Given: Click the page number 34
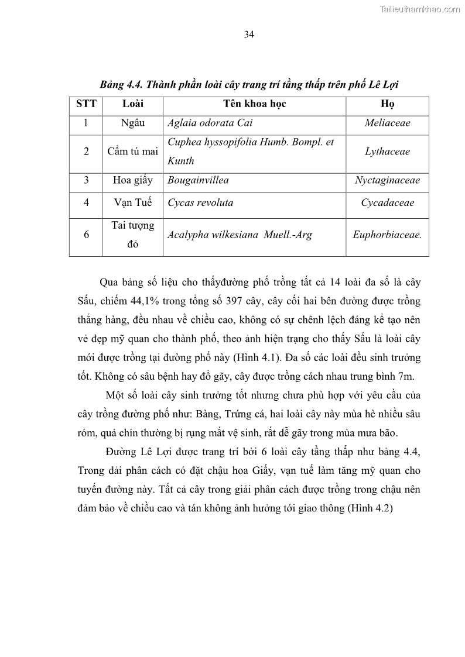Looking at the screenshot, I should click(248, 35).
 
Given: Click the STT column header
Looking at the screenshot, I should click(86, 105).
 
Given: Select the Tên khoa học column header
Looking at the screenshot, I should click(254, 105).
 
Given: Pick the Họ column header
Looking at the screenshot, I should click(387, 105).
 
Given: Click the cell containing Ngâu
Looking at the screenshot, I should click(132, 123).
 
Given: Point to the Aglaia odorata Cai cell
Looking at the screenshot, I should click(210, 123).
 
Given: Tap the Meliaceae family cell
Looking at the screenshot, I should click(387, 123).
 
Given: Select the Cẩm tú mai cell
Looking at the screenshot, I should click(132, 152).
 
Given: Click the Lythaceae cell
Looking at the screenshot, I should click(387, 152).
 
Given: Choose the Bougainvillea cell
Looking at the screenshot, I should click(198, 180).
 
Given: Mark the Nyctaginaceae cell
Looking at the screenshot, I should click(387, 180).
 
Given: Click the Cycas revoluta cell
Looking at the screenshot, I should click(200, 203).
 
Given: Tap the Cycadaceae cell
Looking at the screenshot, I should click(387, 203).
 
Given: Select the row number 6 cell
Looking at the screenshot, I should click(86, 235).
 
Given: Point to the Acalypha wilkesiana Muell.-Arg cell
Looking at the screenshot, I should click(240, 235).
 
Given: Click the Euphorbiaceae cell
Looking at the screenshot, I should click(387, 235).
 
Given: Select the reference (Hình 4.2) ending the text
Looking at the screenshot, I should click(370, 508).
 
